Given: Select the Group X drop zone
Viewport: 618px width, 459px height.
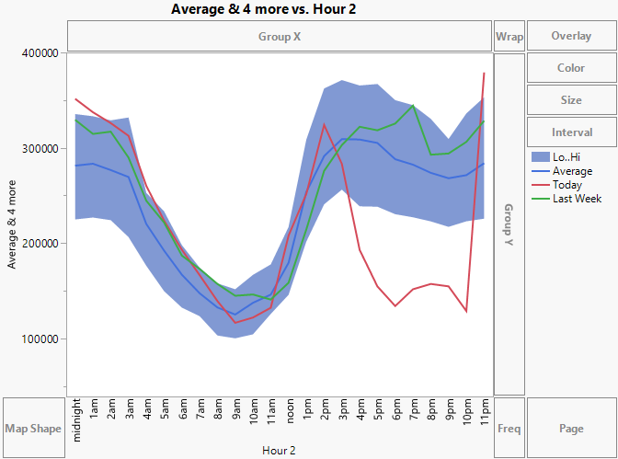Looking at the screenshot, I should coord(280,37).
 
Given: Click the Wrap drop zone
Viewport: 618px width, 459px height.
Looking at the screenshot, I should coord(509,37).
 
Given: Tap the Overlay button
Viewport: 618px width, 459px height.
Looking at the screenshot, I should coord(571,37).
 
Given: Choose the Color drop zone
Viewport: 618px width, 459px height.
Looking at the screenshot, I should coord(571,68).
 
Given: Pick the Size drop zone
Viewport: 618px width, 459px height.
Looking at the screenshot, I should coord(571,99).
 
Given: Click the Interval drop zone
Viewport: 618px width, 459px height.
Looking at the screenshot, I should coord(571,132).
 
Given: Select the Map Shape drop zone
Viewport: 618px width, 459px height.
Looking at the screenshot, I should coord(32,429).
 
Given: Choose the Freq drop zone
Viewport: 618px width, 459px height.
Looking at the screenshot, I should coord(509,429).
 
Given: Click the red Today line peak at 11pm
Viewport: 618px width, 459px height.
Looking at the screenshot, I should coord(484,74).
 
